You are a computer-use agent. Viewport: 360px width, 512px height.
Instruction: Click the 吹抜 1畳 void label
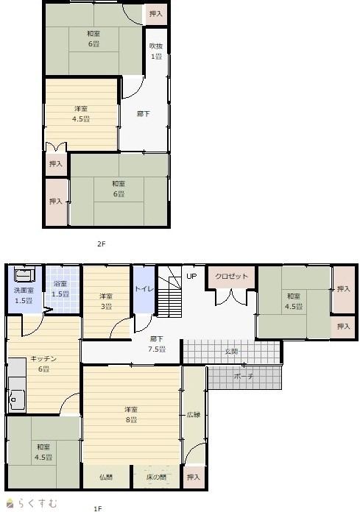coord(156,51)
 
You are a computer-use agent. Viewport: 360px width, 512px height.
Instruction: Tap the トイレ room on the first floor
coord(144,290)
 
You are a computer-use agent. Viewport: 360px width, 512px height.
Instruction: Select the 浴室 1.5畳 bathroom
coord(63,290)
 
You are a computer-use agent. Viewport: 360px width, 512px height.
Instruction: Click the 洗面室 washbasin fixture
coord(24,274)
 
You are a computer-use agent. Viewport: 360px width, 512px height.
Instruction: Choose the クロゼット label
coord(231,277)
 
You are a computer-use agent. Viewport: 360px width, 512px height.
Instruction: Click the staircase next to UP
coord(169,292)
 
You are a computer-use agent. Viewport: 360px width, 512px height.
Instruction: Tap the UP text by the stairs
coord(191,277)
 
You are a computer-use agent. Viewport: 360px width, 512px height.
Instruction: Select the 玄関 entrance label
coord(231,352)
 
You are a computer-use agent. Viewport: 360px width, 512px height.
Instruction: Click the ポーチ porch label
coord(244,376)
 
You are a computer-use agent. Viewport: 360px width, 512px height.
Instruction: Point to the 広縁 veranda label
coord(194,415)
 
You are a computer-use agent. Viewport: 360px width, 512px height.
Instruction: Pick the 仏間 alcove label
coord(105,477)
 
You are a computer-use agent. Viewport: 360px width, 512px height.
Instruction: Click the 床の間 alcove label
coord(156,477)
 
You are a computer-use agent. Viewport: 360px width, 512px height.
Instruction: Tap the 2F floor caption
coord(102,243)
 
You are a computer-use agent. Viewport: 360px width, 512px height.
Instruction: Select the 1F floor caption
coord(97,508)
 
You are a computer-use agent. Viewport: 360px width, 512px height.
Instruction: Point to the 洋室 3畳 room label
coord(106,302)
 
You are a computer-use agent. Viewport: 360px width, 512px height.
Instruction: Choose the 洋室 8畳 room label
coord(130,414)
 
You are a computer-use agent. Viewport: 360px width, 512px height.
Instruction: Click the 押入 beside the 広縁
coord(193,477)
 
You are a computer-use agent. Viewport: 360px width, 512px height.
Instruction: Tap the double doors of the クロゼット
coord(231,297)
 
